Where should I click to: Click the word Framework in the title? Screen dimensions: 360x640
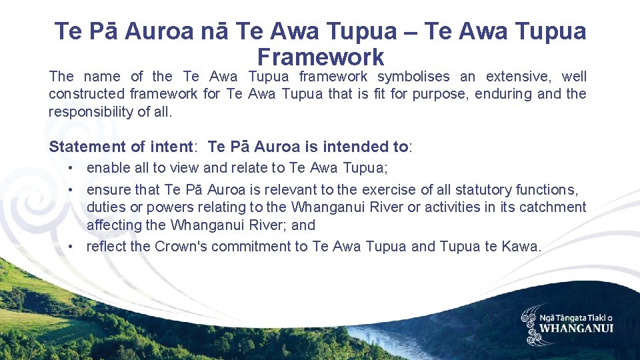click(320, 56)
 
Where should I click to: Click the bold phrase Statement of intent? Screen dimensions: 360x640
click(121, 147)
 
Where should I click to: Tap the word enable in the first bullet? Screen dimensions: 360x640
click(106, 168)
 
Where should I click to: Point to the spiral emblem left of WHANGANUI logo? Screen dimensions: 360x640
click(531, 325)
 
